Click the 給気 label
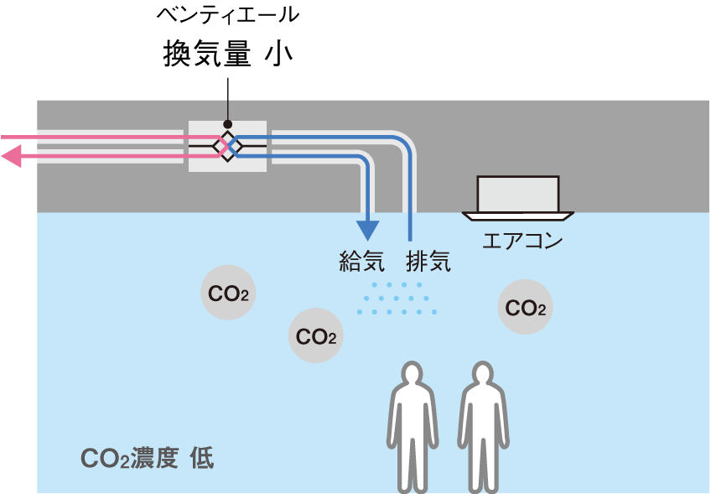pyautogui.click(x=362, y=262)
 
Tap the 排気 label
pyautogui.click(x=428, y=262)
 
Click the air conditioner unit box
pyautogui.click(x=518, y=194)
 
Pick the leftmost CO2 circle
pyautogui.click(x=227, y=294)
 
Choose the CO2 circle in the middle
pyautogui.click(x=316, y=337)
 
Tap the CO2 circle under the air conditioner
pyautogui.click(x=526, y=308)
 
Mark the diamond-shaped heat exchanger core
pyautogui.click(x=227, y=145)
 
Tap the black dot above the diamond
pyautogui.click(x=227, y=124)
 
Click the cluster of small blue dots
pyautogui.click(x=397, y=299)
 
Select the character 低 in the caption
pyautogui.click(x=201, y=459)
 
